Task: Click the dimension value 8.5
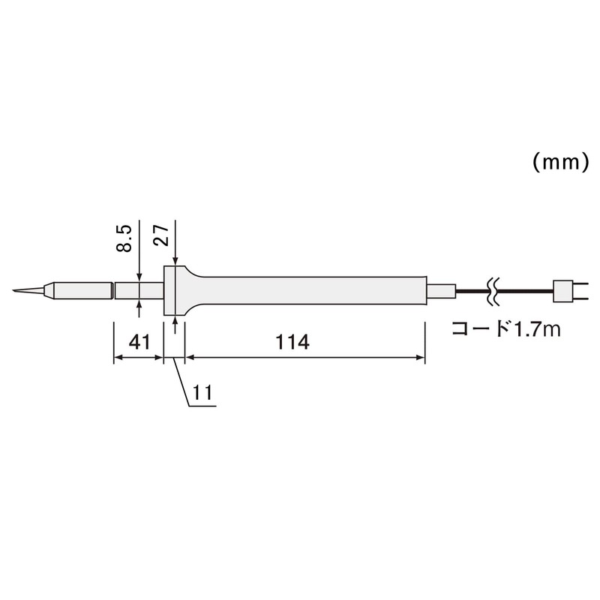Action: (125, 238)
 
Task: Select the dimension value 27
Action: (160, 238)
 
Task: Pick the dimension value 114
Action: (292, 343)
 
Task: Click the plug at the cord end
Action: (565, 290)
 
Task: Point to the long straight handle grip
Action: (315, 290)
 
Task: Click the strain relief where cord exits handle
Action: (440, 290)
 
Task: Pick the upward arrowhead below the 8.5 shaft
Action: (139, 304)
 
